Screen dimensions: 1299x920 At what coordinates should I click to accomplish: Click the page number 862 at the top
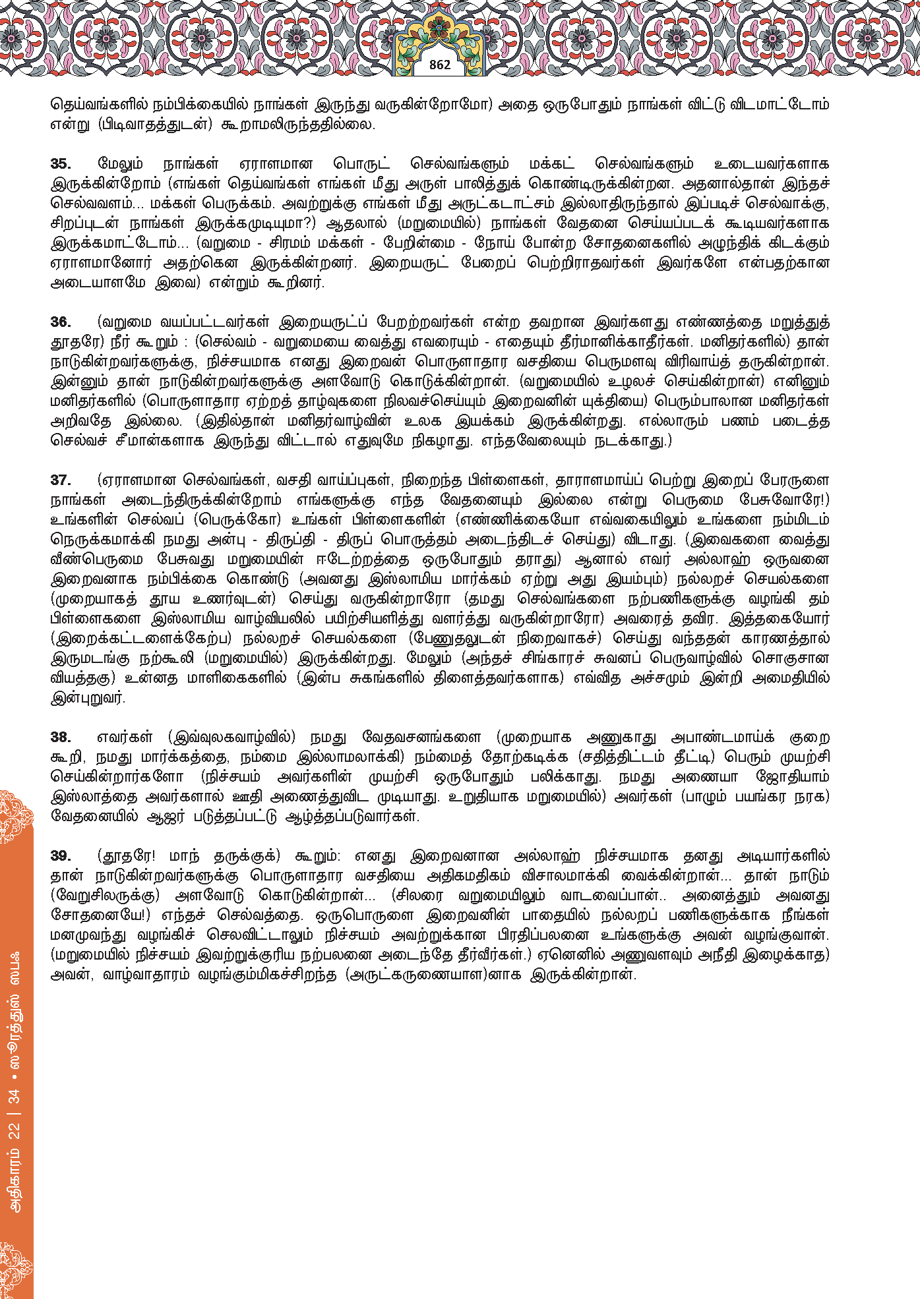(440, 65)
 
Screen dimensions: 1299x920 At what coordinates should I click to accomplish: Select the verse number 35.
(61, 164)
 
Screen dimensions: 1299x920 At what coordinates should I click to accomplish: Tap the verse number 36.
(61, 322)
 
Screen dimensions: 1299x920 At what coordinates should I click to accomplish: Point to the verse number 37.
(61, 480)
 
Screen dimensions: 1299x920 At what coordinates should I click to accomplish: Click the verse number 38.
(61, 737)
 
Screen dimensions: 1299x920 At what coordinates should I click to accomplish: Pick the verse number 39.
(61, 856)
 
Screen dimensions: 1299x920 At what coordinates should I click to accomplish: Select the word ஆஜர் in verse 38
(170, 817)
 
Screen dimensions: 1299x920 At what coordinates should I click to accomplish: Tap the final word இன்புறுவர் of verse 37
(88, 698)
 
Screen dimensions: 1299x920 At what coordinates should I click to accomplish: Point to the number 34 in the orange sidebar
(15, 1096)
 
